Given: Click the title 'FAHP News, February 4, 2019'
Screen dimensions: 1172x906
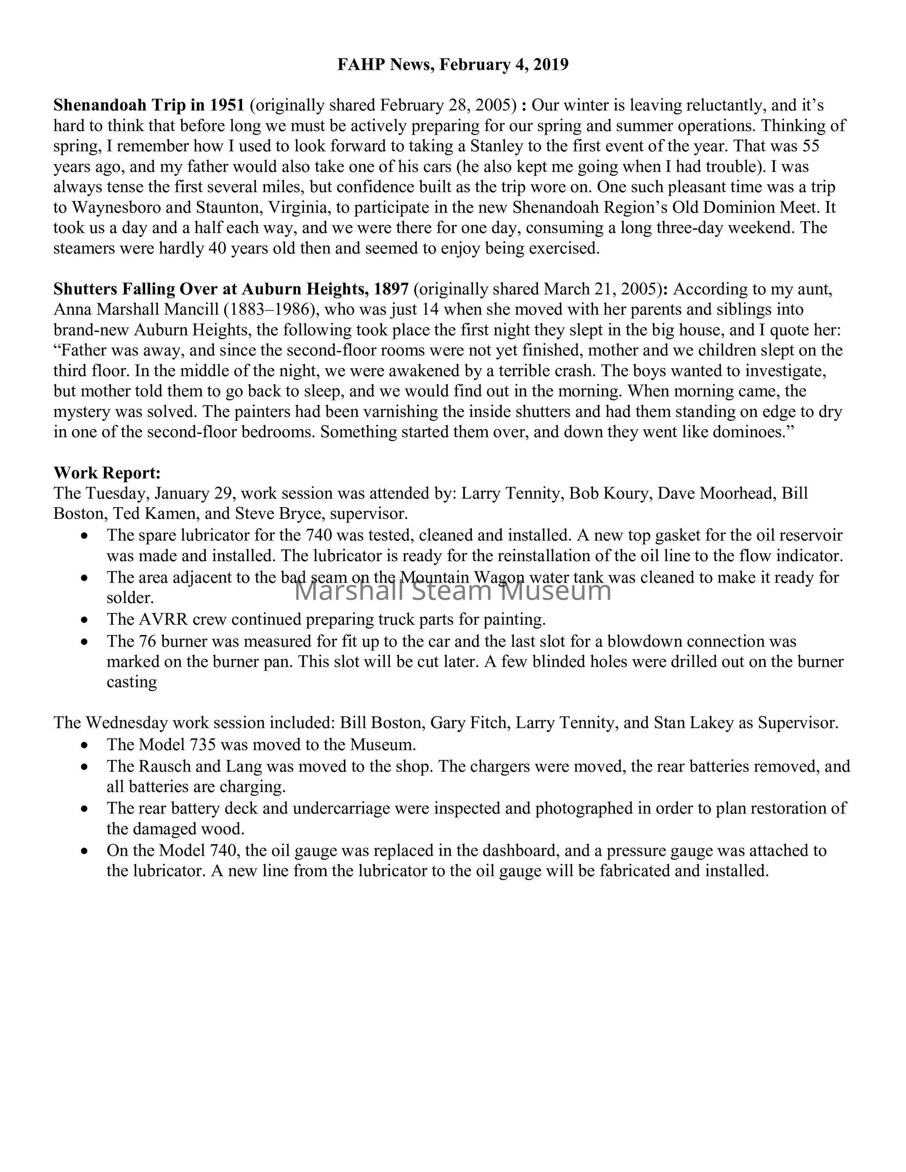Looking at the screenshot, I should [x=453, y=65].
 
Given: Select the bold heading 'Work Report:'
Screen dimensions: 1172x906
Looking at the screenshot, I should [x=107, y=473].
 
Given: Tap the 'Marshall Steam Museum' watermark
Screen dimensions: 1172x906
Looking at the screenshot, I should [x=453, y=591].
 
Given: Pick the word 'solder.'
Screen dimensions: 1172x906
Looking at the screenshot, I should [x=130, y=598].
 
